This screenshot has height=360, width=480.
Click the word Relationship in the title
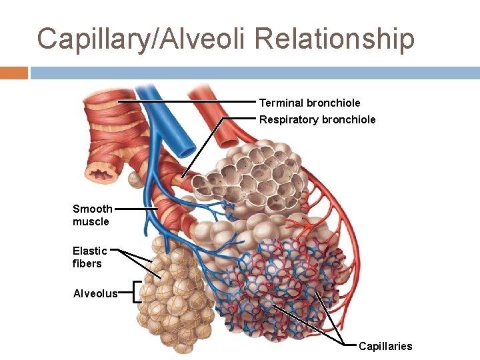[334, 39]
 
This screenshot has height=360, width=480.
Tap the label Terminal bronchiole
[309, 103]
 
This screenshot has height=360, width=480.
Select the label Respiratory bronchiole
[317, 120]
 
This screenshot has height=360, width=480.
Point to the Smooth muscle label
[92, 215]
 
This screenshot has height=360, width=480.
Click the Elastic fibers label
[89, 257]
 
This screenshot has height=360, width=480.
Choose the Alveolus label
[95, 293]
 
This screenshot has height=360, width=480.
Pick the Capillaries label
[385, 346]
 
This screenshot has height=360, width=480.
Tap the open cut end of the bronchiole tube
[103, 175]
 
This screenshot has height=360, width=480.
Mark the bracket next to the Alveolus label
[136, 292]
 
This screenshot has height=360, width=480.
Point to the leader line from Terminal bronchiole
[187, 102]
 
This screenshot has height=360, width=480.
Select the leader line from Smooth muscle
[136, 209]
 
